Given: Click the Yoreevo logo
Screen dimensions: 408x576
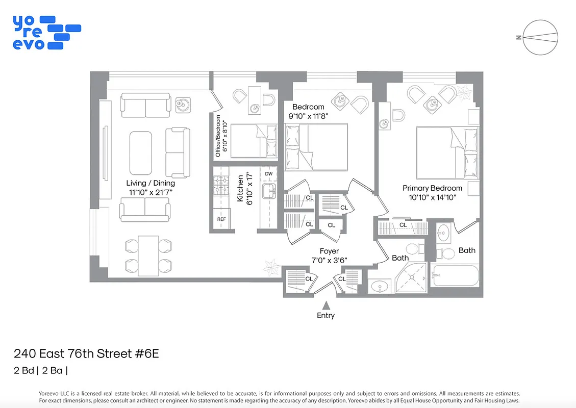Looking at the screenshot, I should tap(46, 32).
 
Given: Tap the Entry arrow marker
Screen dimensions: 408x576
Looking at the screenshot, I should tap(325, 305).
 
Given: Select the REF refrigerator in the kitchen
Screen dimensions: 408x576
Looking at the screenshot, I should tap(221, 219).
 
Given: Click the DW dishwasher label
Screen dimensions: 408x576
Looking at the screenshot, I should tap(268, 174).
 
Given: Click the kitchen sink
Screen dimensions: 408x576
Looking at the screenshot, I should tap(268, 192).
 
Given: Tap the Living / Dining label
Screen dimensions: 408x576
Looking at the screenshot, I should tap(150, 183).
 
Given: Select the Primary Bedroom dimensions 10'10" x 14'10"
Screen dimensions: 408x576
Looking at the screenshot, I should tap(432, 197).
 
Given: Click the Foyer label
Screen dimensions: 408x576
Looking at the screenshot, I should tap(329, 251).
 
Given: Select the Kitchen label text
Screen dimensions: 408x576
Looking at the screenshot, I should tap(240, 189).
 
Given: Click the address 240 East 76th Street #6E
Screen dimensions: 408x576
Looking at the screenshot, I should tap(86, 353).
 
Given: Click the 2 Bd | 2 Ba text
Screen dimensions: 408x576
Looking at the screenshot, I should tap(40, 371).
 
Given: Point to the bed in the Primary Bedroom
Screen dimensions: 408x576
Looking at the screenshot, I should tap(447, 152).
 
